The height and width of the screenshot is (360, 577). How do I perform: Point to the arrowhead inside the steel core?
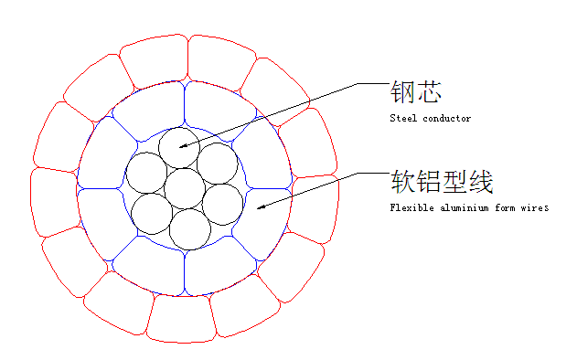183,146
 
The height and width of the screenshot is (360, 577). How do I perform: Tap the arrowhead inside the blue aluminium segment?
261,207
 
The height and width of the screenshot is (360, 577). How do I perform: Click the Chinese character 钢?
402,92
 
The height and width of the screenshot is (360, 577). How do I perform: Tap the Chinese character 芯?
429,92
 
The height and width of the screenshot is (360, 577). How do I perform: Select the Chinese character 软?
402,181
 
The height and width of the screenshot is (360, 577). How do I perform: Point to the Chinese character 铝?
429,181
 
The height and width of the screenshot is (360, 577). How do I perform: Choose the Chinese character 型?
454,181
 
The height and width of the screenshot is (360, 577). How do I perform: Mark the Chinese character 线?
481,181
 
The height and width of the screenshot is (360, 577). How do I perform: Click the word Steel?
403,118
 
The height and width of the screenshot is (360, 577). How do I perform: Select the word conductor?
447,119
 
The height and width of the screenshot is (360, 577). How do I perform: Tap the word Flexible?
412,207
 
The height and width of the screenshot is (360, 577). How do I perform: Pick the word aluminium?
465,207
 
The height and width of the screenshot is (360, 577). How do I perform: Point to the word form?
505,207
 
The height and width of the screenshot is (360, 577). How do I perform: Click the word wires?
535,207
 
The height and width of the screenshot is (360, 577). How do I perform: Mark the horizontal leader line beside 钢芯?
373,83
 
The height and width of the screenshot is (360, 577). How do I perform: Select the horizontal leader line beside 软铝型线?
373,173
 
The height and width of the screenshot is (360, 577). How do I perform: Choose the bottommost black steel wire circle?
190,229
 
